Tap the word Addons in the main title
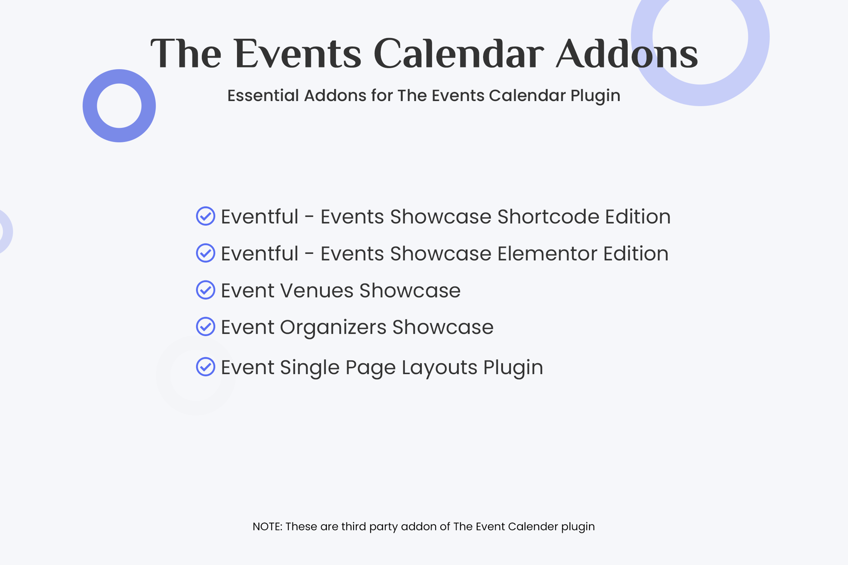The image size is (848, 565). tap(627, 53)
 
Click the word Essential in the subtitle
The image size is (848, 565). tap(263, 95)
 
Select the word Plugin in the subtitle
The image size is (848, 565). tap(595, 96)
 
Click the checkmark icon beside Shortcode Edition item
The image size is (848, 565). tap(206, 216)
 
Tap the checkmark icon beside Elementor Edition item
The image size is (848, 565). tap(206, 253)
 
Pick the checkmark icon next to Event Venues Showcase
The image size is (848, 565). tap(206, 290)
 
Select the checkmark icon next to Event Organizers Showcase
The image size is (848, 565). tap(206, 327)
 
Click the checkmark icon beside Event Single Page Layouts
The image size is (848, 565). tap(206, 367)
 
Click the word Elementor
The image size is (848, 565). tap(547, 253)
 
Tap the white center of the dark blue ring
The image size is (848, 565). tap(119, 106)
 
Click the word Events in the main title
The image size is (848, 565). tap(298, 54)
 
